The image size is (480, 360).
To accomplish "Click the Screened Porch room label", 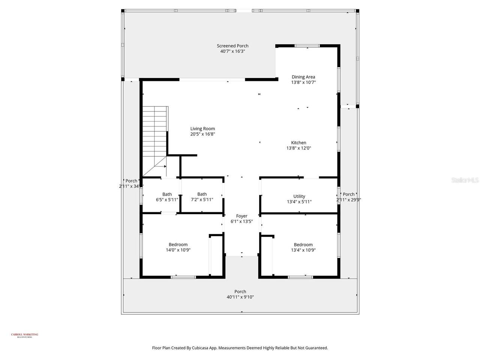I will pos(232,46).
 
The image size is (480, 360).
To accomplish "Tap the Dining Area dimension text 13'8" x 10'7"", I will pos(303,82).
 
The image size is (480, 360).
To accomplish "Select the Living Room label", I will pos(202,129).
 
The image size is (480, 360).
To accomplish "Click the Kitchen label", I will pos(298,142).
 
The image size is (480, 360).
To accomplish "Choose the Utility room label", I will pos(299,196).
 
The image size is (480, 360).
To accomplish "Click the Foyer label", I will pos(241,216).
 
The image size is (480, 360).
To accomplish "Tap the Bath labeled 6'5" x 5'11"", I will pos(167,197).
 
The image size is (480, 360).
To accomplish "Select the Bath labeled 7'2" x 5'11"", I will pos(202,197).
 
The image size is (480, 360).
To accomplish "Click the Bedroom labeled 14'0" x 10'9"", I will pos(178,247).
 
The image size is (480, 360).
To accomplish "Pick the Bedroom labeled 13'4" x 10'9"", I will pos(303,247).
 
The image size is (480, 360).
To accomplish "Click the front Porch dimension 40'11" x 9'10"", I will pos(240,297).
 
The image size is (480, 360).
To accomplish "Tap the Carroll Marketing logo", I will pos(24,335).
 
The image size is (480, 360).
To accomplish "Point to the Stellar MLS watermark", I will pos(465,180).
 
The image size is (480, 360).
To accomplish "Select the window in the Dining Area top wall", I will pos(307,46).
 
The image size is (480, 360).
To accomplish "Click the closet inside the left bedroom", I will pos(216,256).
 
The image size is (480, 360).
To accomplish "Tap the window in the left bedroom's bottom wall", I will pos(183,277).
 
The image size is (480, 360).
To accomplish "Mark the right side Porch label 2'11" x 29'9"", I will pos(348,197).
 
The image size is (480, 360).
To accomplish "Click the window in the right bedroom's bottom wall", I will pos(300,277).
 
